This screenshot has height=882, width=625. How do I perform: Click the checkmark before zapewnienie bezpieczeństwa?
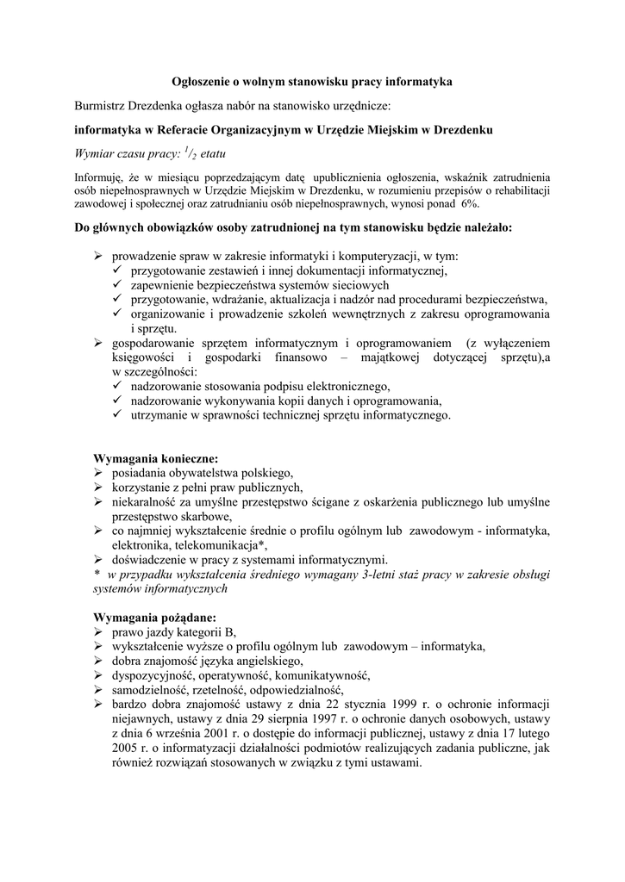pos(118,284)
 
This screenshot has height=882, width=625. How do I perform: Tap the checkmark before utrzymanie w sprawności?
pos(118,415)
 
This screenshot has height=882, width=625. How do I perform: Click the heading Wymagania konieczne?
pos(155,457)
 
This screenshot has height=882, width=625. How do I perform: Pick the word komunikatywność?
pos(322,675)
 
